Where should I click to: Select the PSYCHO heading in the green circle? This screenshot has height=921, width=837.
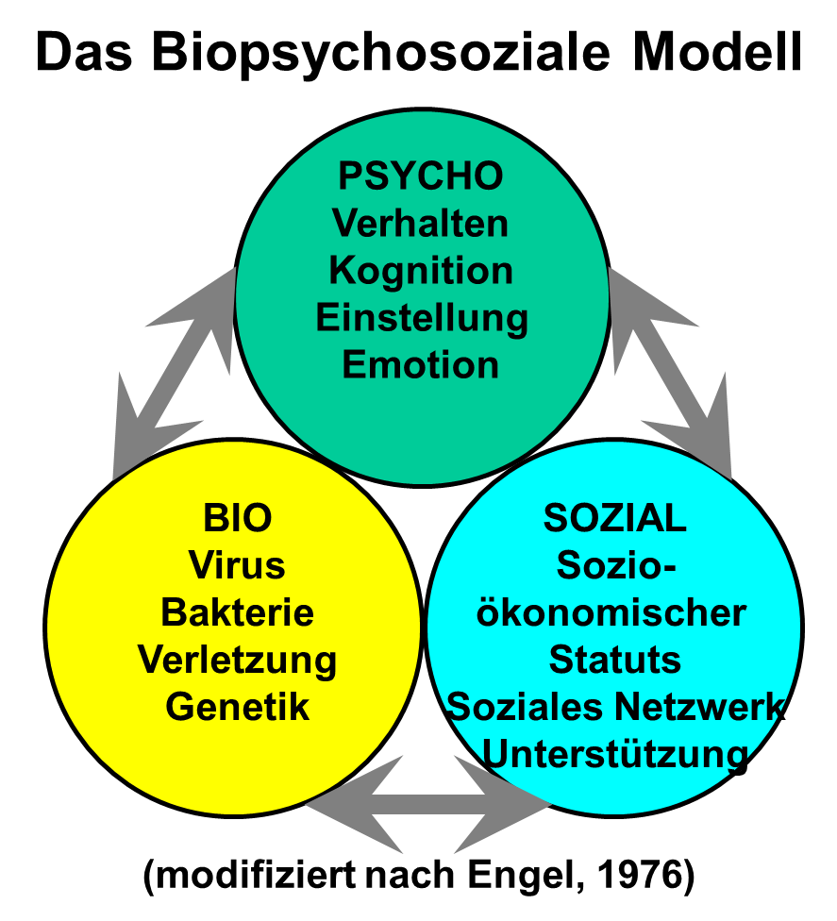[421, 176]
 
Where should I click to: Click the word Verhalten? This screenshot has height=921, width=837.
[421, 224]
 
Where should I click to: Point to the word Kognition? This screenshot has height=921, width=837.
[421, 272]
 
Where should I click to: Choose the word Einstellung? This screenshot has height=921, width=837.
[422, 319]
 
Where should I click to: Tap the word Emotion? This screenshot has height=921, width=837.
[421, 365]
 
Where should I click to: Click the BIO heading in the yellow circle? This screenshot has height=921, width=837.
[237, 518]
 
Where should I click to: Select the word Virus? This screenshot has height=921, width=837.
[237, 565]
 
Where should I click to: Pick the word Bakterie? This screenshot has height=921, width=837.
[237, 612]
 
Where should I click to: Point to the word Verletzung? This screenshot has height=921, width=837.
[237, 661]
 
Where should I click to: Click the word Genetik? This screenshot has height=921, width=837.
[237, 707]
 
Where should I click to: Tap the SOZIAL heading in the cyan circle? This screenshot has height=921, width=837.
[615, 518]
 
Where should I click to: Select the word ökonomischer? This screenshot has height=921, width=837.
[611, 612]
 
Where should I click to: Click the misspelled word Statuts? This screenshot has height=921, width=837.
[615, 660]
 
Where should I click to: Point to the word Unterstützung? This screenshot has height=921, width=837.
[615, 755]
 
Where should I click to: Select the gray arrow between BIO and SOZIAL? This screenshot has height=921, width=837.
[428, 804]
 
